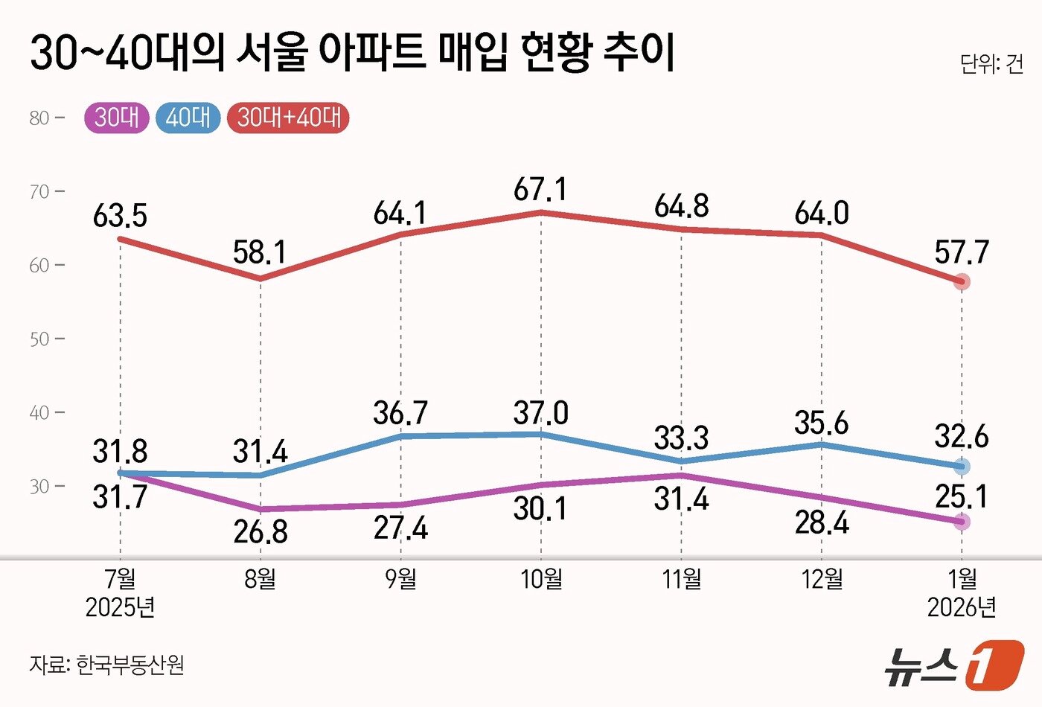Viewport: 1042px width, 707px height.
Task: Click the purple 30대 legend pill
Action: pos(117,118)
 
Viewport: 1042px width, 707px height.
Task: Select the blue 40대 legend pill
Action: pos(188,118)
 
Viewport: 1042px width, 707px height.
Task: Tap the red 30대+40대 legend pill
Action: pos(289,118)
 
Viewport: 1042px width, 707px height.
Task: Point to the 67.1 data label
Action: pos(540,190)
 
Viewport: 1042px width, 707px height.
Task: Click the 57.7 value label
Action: pos(962,253)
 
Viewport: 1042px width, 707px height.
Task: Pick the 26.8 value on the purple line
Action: pos(260,532)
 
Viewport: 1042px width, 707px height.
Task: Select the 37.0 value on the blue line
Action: pos(540,413)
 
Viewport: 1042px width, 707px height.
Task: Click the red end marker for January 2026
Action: pos(962,281)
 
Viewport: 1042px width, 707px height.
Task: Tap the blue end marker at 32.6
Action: pos(962,467)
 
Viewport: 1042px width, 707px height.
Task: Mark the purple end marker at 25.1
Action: pos(962,522)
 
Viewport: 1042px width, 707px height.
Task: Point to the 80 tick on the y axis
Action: pos(39,118)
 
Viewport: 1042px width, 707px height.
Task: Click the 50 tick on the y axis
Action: pos(39,339)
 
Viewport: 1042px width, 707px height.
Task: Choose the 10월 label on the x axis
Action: pos(541,578)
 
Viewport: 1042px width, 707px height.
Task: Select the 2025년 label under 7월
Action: pos(120,607)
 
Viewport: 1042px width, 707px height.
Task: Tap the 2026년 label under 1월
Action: pos(962,607)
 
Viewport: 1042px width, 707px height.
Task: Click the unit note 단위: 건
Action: pos(991,64)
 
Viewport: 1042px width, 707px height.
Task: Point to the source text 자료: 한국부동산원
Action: pos(107,664)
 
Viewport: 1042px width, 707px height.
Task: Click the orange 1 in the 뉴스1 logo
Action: pos(994,664)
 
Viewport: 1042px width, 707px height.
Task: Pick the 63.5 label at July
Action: pos(120,217)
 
